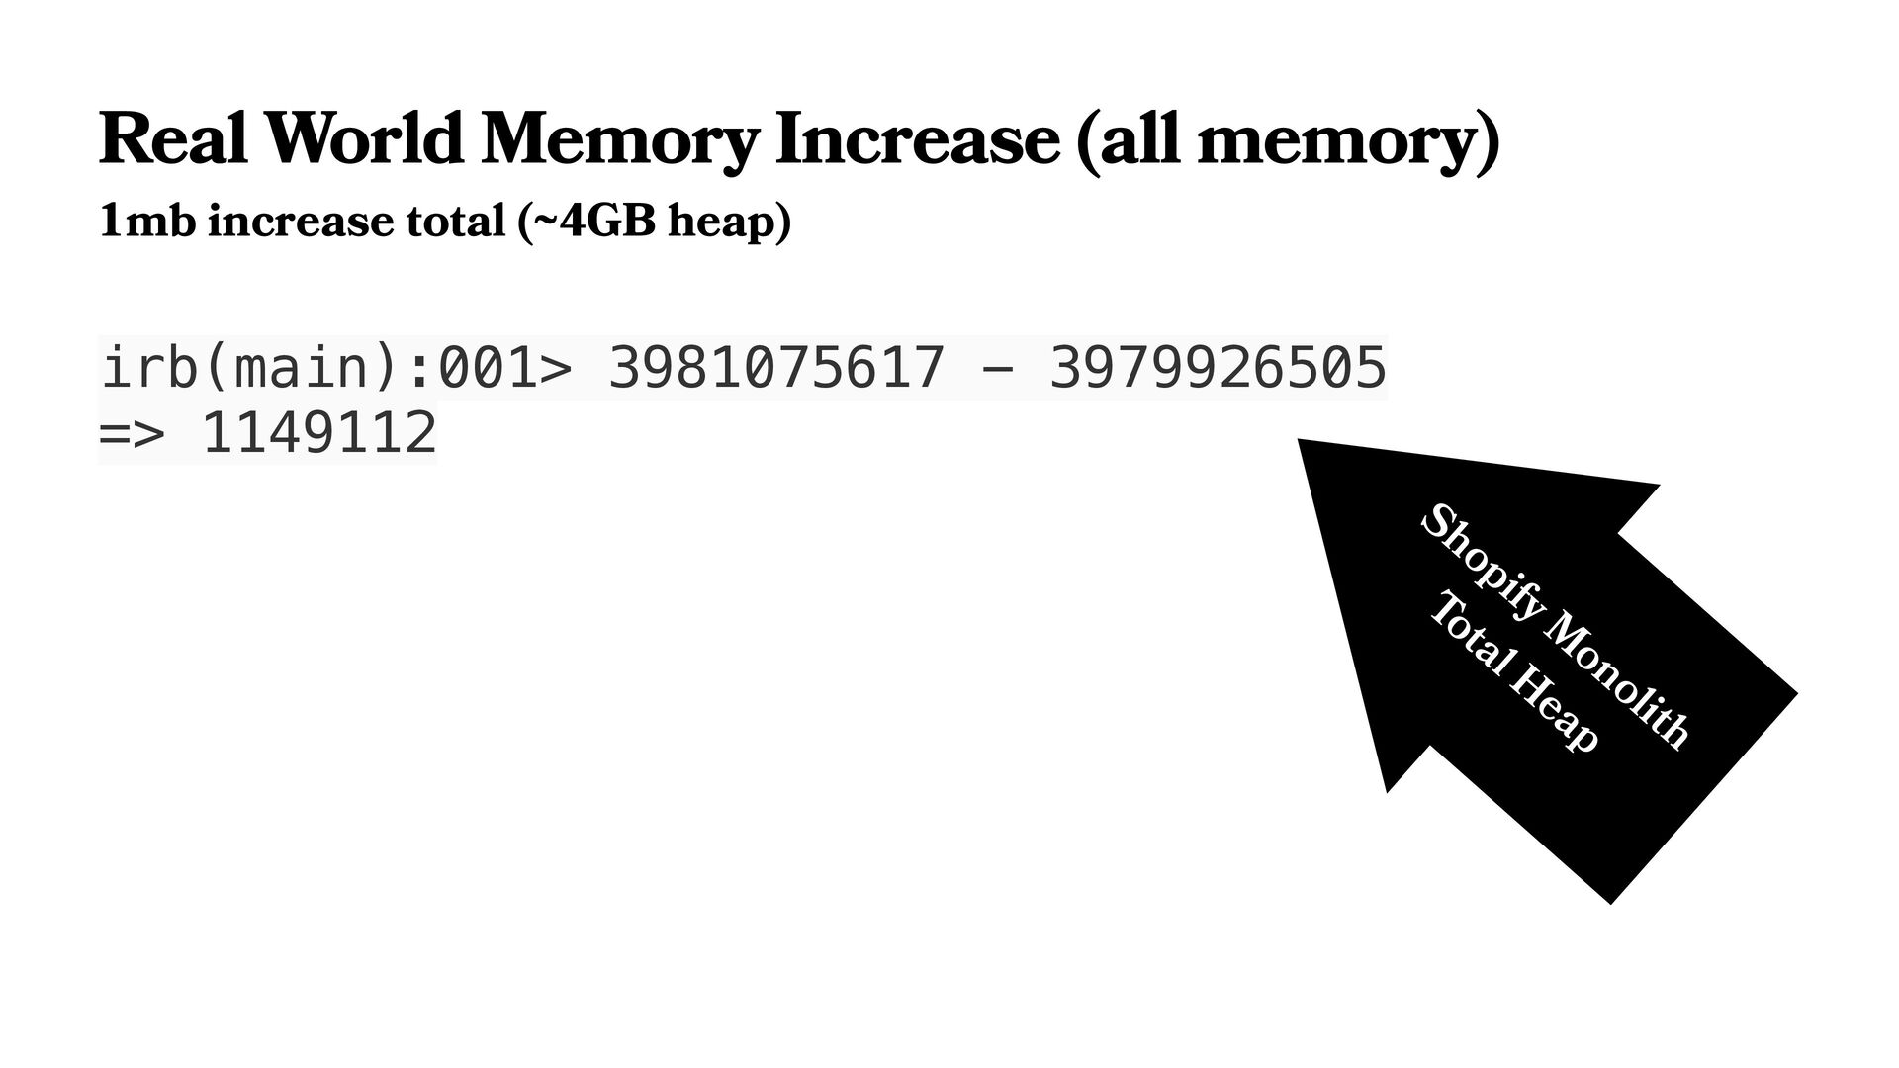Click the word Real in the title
point(173,139)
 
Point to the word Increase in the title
point(917,139)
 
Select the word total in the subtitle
point(456,221)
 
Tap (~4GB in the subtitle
point(587,222)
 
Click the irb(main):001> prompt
point(336,368)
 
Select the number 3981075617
point(776,368)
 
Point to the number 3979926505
point(1218,368)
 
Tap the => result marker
point(131,433)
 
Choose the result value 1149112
point(319,433)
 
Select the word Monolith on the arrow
point(1617,682)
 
